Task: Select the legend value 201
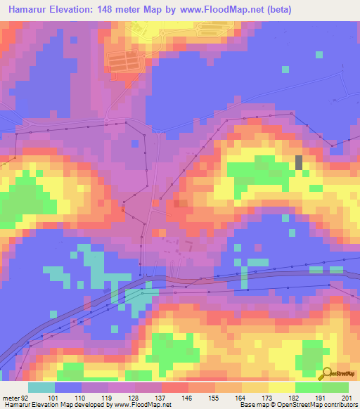(345, 398)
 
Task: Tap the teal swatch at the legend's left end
(41, 387)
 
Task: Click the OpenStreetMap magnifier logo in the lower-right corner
(328, 373)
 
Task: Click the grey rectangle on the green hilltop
(299, 162)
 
